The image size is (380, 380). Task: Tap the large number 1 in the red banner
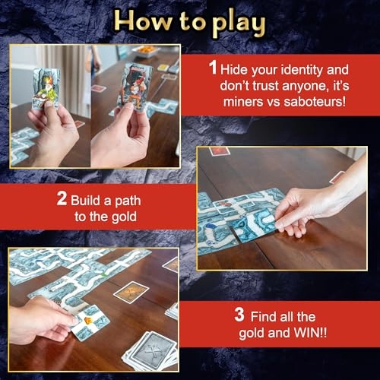click(x=214, y=68)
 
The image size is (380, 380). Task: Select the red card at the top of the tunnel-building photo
click(x=219, y=151)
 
